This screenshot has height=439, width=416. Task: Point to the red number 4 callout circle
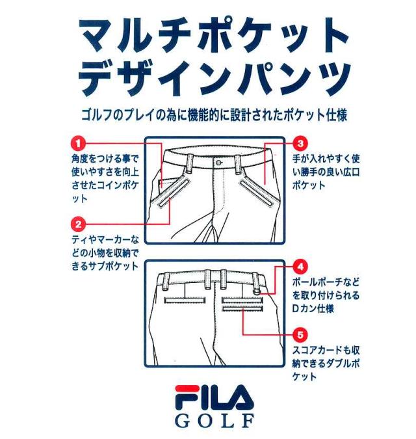[301, 267]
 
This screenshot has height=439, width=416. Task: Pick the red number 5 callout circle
[301, 336]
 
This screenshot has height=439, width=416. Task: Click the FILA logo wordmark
[209, 397]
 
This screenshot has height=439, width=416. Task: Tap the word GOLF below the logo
[209, 419]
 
